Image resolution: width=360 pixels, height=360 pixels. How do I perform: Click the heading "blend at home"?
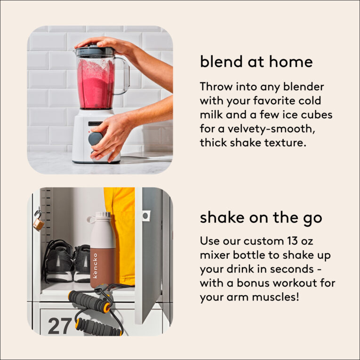pos(256,62)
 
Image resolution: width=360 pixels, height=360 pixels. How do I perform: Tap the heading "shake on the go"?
pos(261,218)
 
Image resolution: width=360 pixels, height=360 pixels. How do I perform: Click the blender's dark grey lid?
pos(95,51)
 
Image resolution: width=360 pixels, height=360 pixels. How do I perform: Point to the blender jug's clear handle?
pos(123,76)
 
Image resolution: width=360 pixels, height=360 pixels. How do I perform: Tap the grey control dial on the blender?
pos(96,138)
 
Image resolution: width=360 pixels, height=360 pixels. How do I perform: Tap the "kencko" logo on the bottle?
pos(96,265)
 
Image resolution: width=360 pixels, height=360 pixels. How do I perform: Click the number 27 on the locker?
pos(60,326)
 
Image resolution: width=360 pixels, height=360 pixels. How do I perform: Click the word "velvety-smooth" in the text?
pos(271,129)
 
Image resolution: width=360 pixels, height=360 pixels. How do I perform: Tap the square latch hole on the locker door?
pos(145,216)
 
